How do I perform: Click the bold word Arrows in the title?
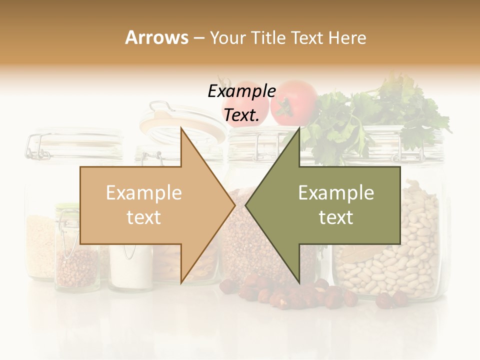157,38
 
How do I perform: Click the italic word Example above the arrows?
241,92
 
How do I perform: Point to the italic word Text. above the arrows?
241,115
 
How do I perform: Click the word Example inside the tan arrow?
144,193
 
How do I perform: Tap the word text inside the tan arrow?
144,217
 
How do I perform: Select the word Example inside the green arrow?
336,193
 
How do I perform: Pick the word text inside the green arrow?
336,217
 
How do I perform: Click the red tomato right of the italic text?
295,102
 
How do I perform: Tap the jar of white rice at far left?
40,245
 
